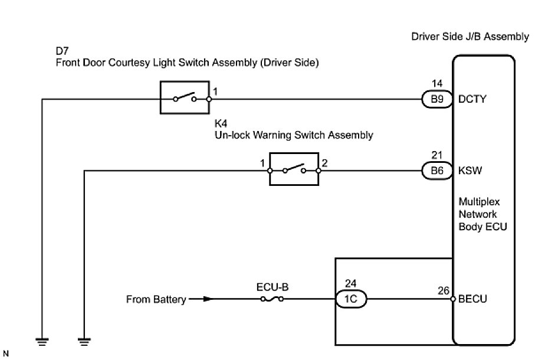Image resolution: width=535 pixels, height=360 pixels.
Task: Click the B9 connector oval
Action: (x=436, y=100)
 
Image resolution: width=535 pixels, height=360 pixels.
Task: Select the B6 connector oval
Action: (x=436, y=171)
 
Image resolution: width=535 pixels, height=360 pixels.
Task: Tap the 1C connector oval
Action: (x=352, y=300)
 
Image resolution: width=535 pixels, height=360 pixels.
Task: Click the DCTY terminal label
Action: (x=472, y=100)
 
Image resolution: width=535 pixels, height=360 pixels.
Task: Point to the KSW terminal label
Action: (x=471, y=171)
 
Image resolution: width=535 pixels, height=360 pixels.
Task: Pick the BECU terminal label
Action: (x=472, y=300)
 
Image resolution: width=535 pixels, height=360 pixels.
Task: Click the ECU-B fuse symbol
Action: (x=272, y=300)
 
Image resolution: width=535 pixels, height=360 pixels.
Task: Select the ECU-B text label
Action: (x=273, y=287)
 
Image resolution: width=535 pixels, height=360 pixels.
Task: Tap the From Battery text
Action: (x=156, y=300)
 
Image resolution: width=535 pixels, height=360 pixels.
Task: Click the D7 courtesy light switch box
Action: (x=184, y=97)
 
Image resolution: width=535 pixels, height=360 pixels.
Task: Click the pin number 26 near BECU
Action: (x=444, y=290)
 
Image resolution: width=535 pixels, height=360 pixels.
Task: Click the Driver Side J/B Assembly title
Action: (x=470, y=37)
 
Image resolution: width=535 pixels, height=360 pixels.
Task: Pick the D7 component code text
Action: (x=62, y=51)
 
